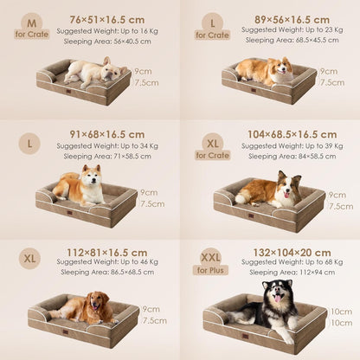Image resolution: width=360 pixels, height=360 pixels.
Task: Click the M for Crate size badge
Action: (x=32, y=27)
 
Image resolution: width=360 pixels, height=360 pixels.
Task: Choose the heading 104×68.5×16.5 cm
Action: (x=280, y=134)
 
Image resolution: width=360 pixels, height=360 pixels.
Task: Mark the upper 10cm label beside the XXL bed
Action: (x=341, y=311)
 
